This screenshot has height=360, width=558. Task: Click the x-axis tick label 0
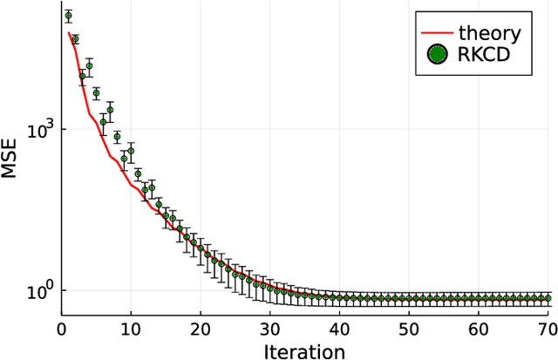point(61,330)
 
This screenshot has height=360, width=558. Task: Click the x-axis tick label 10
point(131,330)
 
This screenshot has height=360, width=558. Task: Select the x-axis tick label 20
point(201,330)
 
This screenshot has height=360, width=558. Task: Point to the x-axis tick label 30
point(270,330)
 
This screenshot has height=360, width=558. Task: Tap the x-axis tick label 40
point(340,330)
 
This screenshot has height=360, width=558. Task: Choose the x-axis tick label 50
point(410,330)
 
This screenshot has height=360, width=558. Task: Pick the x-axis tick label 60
point(479,330)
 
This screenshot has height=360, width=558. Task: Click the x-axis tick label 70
point(547,330)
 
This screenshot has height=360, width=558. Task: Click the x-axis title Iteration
point(305,350)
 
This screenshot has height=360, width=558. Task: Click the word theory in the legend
point(490,34)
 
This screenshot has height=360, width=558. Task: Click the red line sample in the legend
point(435,34)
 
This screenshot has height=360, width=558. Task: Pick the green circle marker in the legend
point(435,55)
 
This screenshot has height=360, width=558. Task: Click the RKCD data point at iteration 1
point(68,16)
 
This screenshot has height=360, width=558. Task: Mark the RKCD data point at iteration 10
point(131,151)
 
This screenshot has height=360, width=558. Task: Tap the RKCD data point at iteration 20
point(201,248)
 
